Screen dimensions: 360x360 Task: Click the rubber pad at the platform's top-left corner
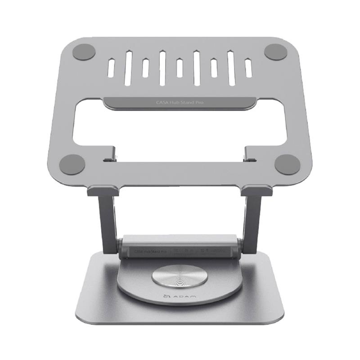pos(83,52)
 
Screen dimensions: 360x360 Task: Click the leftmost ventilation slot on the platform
pos(111,67)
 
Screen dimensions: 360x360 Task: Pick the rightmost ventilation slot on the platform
pos(248,67)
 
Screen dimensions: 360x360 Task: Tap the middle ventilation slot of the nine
pos(180,67)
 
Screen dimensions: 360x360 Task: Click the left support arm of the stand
pos(109,220)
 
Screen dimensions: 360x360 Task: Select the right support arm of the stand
pos(251,220)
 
